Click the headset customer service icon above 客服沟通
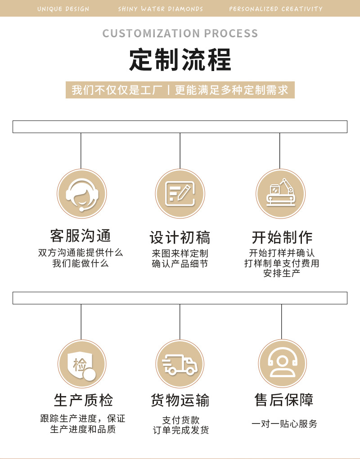81,194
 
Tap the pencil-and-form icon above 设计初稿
180,194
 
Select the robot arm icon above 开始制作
280,194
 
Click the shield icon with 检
81,364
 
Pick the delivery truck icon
180,364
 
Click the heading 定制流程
180,60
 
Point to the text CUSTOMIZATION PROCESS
180,33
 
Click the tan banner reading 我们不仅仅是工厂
180,89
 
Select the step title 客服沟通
81,236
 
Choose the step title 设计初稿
180,237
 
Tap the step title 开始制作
282,237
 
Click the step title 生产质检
83,400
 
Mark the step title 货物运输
180,400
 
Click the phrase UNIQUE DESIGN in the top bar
63,9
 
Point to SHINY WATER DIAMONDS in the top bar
160,9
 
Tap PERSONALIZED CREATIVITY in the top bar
275,9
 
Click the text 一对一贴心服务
284,423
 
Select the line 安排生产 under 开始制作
282,273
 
